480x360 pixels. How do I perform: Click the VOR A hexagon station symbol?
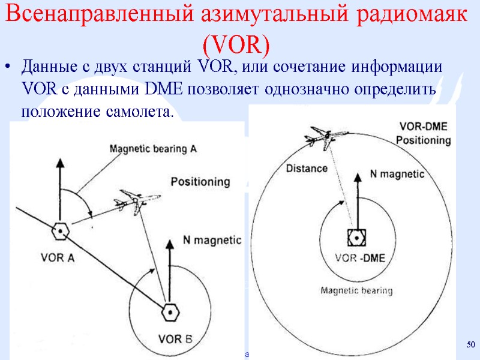pos(60,230)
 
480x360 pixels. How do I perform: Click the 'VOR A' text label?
pos(57,259)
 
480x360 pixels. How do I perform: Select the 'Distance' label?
pos(307,168)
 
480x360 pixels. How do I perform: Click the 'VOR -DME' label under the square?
pos(359,259)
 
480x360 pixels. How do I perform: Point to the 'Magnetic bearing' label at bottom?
pos(356,291)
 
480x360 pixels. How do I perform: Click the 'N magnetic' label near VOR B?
pos(212,240)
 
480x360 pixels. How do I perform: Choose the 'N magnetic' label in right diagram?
pos(397,175)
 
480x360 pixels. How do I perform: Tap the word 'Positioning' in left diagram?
pos(200,181)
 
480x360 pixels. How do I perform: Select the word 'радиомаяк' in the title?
pos(409,16)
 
